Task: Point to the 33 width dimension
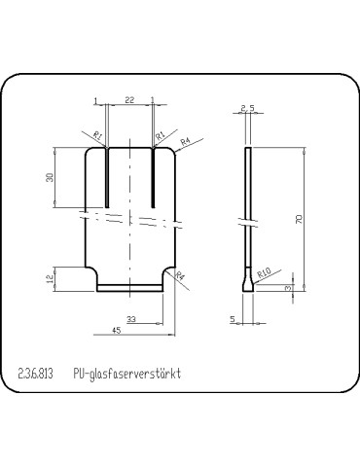click(x=131, y=319)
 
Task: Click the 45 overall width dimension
click(x=117, y=331)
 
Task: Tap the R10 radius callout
click(x=264, y=274)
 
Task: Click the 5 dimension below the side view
click(x=234, y=318)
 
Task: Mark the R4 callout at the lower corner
click(x=180, y=276)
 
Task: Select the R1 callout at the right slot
click(x=162, y=136)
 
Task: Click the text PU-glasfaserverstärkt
click(x=127, y=374)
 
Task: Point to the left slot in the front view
click(x=105, y=175)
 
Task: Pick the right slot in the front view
click(x=153, y=175)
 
